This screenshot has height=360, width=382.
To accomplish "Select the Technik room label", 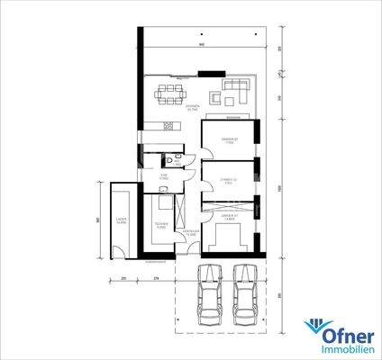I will (160, 225).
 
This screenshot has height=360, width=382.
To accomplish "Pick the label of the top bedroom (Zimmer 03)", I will (230, 141).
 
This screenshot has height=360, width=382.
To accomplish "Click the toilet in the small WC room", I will (180, 155).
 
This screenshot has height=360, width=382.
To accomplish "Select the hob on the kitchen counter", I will (168, 129).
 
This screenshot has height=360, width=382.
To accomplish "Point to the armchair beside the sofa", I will (215, 95).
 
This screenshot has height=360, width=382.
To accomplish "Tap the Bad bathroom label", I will (163, 176).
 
